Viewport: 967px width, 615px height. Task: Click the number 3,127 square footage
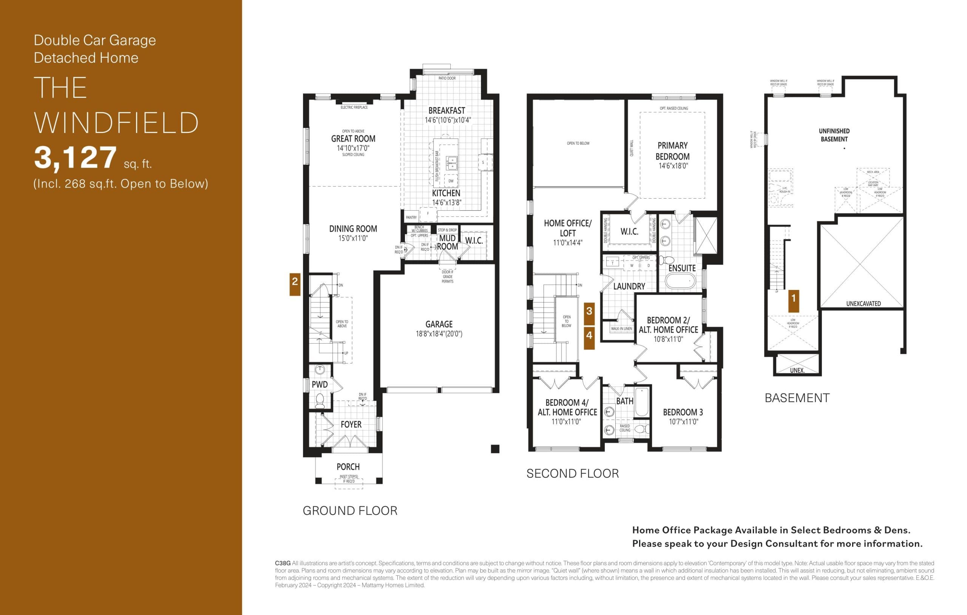[75, 158]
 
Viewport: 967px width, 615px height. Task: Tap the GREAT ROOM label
[353, 139]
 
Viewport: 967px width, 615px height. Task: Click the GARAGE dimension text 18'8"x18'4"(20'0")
[439, 334]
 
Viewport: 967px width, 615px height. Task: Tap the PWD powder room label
[320, 385]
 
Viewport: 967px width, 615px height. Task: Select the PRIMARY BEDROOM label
[672, 151]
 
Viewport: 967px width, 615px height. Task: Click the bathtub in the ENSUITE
[680, 281]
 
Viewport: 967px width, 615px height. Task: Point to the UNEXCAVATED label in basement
[864, 304]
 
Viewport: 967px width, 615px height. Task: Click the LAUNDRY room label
[629, 287]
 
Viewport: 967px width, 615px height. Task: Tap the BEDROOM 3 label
[683, 412]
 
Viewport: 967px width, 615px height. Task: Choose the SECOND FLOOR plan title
[572, 474]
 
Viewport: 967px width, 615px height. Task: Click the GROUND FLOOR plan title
[350, 511]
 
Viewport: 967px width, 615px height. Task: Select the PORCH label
[348, 467]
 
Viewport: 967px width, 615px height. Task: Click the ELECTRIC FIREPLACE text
[354, 108]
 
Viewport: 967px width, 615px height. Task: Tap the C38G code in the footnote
[282, 563]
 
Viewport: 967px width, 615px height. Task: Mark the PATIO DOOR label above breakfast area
[446, 78]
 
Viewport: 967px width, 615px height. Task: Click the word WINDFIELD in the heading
[116, 123]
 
